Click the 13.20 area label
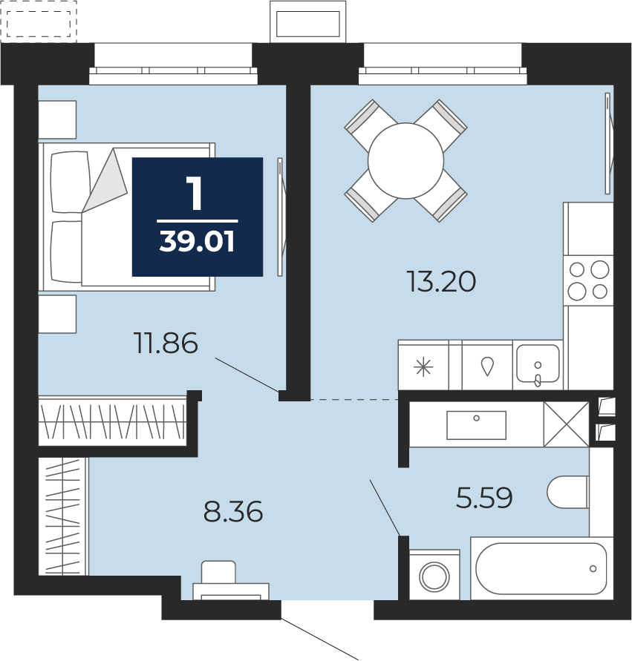coord(441,282)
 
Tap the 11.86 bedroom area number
coord(166,343)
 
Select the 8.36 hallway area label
coord(233,511)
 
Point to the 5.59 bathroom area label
coord(484,498)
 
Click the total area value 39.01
coord(197,243)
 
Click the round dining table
coord(406,160)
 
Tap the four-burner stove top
coord(588,280)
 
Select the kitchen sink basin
coord(538,364)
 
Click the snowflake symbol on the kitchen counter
coord(423,367)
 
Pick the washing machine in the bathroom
coord(434,574)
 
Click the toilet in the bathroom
coord(568,492)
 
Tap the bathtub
coord(541,568)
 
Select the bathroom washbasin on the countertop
coord(476,425)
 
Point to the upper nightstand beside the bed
coord(57,119)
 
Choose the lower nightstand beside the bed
coord(57,314)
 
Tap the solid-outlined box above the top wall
coord(308,22)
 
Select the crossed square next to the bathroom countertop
coord(566,424)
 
